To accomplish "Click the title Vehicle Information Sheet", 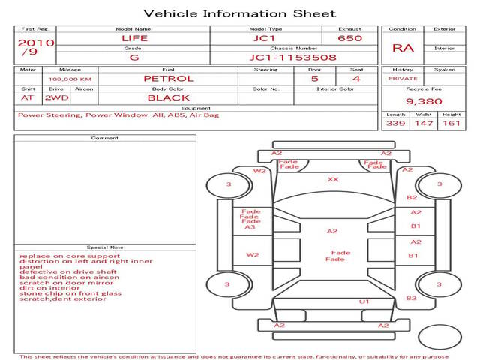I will coord(239,13).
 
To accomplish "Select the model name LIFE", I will coord(133,38).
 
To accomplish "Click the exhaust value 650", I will coord(350,38).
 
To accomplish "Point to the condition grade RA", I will coord(403,48).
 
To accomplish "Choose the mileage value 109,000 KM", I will coord(70,78).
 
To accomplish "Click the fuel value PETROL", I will coord(168,78).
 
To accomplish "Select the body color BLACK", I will coord(168,97).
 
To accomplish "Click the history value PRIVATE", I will coord(403,78).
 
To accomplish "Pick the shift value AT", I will coord(27,97).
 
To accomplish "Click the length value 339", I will coord(395,123).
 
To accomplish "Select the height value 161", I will coord(451,123).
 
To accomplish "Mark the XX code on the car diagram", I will coord(333,180).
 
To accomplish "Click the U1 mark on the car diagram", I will coord(364,301).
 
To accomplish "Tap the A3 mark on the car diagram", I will coord(250,227).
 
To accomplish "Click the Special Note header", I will coord(104,247).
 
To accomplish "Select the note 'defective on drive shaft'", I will coord(58,271).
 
